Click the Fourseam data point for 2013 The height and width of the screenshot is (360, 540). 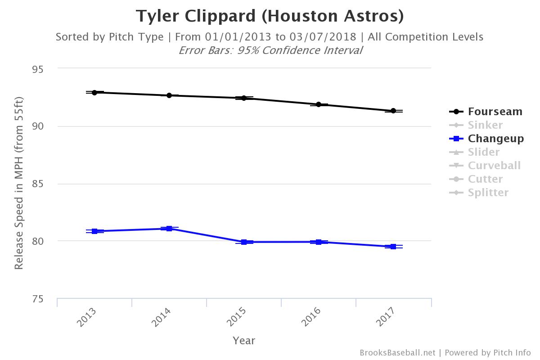94,92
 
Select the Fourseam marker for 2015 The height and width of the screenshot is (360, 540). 244,98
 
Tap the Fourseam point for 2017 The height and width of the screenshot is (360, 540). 393,111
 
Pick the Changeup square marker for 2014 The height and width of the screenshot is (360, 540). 169,229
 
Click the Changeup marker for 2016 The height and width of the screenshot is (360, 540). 319,242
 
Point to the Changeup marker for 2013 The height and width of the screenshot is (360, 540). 94,231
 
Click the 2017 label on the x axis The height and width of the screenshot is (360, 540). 385,317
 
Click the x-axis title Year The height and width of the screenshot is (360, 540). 244,341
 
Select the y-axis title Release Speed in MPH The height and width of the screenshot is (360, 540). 18,182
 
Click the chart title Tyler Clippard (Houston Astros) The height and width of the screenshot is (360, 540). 270,16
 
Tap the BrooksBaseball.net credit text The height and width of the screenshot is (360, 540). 397,353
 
